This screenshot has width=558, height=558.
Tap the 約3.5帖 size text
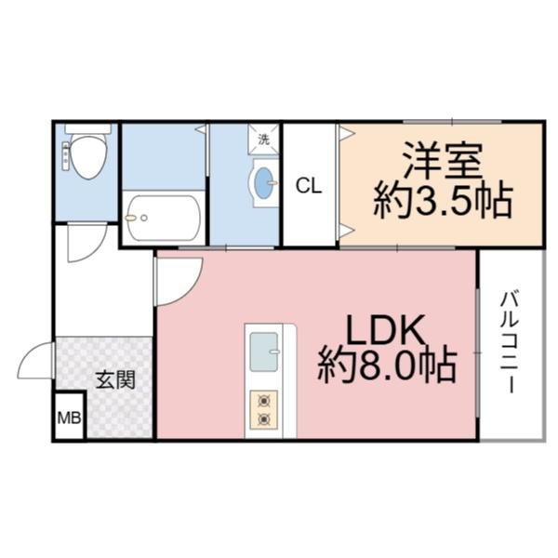tap(442, 199)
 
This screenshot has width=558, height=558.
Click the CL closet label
tap(309, 186)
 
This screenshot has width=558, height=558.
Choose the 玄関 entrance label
tap(115, 380)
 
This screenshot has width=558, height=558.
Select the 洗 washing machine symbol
tap(263, 139)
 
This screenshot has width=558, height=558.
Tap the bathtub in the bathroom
tap(164, 219)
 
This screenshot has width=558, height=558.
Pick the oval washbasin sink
tap(265, 180)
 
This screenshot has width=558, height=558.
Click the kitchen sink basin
tap(264, 346)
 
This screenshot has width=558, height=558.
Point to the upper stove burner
tap(263, 401)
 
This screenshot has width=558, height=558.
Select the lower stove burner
tap(263, 419)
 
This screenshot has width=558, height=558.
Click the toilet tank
tap(88, 128)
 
